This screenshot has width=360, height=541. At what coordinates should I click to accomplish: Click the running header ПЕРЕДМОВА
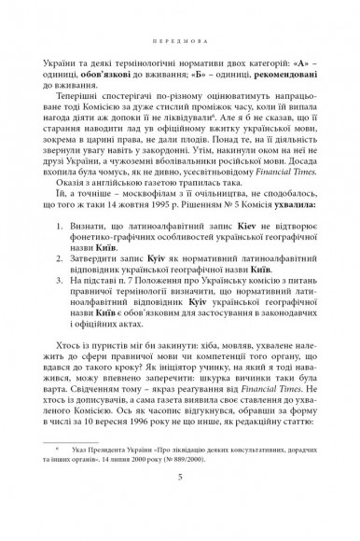pyautogui.click(x=180, y=41)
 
